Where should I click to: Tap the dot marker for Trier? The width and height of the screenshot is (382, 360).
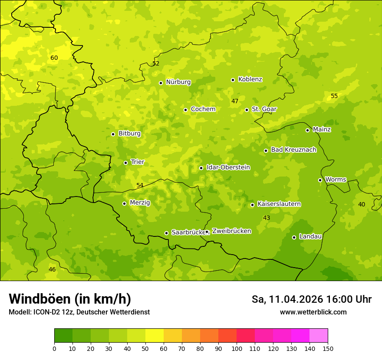(125, 163)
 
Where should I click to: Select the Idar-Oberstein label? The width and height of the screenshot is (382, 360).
(228, 167)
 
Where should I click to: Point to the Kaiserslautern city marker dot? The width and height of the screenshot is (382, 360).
(252, 205)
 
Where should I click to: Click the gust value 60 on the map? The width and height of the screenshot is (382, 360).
(54, 58)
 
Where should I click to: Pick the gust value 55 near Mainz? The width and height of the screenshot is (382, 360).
(334, 96)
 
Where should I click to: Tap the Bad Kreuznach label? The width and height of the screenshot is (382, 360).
(293, 150)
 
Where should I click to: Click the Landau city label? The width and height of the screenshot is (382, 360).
(310, 236)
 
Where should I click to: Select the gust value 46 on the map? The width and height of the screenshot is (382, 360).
(52, 269)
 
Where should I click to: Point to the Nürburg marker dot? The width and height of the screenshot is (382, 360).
(161, 83)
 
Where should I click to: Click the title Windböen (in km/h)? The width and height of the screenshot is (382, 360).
(70, 299)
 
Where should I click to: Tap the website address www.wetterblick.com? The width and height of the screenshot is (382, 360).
(313, 312)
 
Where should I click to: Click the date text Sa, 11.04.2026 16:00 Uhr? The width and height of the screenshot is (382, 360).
(311, 299)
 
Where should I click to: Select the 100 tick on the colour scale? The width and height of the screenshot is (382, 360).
(237, 348)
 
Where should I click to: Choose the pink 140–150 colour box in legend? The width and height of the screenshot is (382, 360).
(319, 336)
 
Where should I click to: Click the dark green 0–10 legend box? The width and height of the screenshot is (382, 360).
(63, 336)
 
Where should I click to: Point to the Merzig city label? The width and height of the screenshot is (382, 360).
(140, 203)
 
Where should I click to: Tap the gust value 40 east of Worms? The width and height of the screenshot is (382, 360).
(361, 204)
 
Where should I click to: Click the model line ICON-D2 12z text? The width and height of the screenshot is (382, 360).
(79, 312)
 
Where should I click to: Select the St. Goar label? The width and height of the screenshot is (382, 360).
(264, 109)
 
